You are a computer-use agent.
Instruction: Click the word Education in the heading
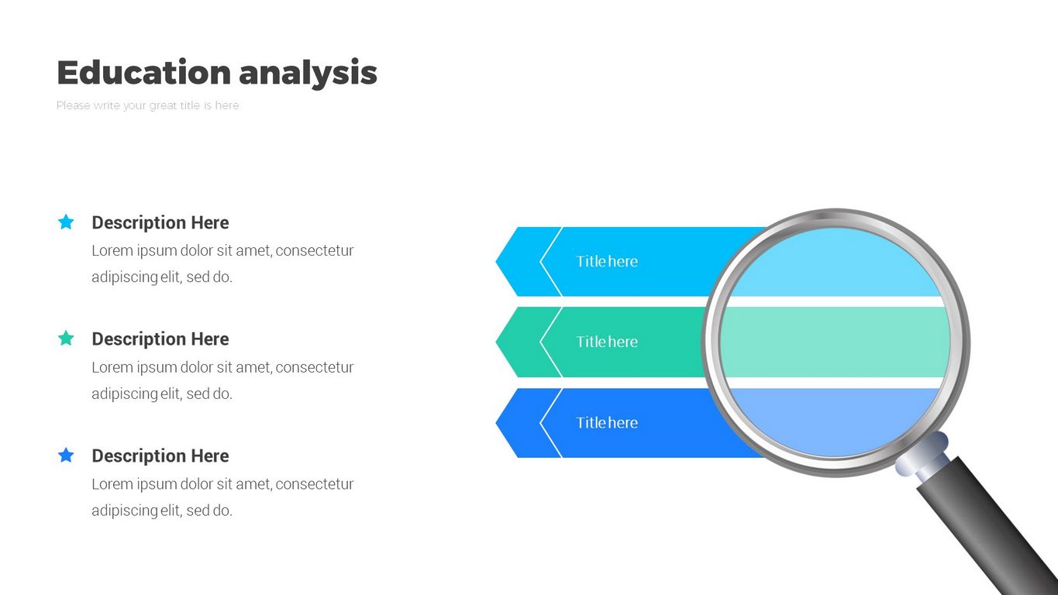click(144, 73)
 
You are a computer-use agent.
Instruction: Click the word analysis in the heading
click(308, 73)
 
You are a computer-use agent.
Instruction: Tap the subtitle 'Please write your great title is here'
click(148, 105)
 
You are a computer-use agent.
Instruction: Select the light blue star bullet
click(66, 222)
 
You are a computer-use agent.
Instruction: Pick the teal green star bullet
click(66, 339)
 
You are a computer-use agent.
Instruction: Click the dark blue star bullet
click(66, 456)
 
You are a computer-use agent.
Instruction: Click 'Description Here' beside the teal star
click(160, 339)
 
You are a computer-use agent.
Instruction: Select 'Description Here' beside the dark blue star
click(160, 456)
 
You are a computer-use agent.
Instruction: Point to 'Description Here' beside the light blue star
click(160, 223)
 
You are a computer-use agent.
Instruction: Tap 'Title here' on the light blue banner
click(607, 262)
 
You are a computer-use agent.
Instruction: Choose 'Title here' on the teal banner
click(607, 342)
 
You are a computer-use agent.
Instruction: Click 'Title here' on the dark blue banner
click(607, 423)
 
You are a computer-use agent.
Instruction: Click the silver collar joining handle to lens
click(922, 454)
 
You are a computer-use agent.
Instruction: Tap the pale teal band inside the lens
click(835, 342)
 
